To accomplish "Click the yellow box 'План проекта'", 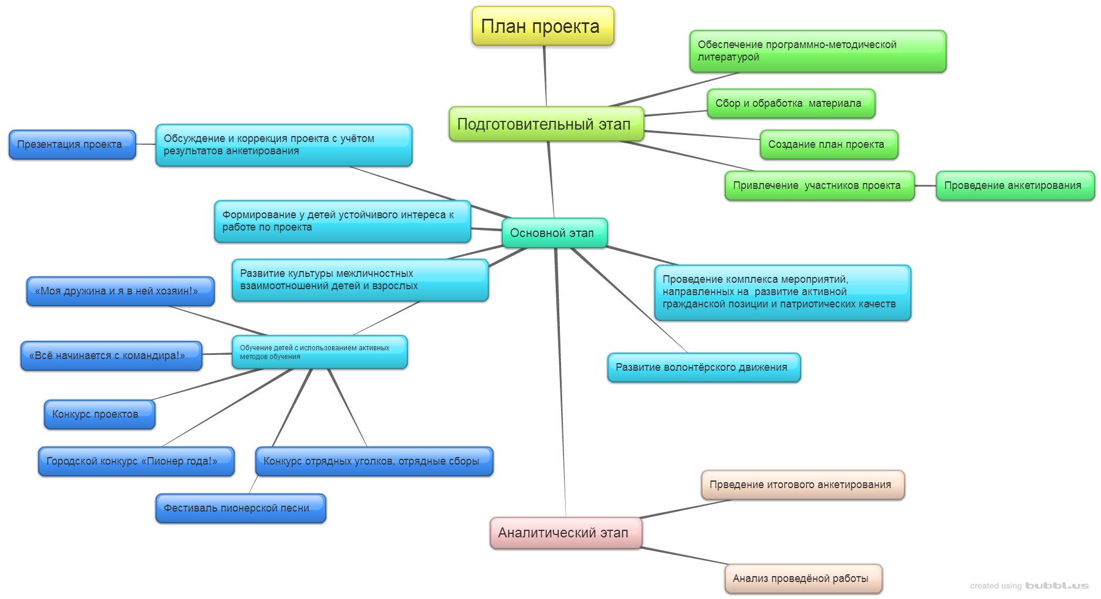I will point(542,26).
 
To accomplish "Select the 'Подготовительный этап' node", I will point(546,124).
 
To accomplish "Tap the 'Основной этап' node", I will point(553,233).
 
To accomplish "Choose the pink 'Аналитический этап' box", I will point(565,533).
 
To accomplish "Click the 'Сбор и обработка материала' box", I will point(791,103).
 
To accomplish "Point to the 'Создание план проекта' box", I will point(828,144).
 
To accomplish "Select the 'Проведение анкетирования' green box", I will point(1014,185).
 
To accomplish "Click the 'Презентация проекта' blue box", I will point(72,144).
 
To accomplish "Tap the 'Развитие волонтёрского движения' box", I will point(703,367).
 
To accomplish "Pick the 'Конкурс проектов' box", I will point(99,414).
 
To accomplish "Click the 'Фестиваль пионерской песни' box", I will point(240,508).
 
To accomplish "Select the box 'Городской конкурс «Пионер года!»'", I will point(136,461).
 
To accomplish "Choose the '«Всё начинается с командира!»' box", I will point(110,356).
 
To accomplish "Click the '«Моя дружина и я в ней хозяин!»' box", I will point(120,291).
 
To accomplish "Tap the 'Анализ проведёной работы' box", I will point(803,578).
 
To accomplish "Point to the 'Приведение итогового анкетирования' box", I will point(802,485).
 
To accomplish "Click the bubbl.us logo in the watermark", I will point(1057,586).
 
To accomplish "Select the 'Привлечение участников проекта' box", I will point(819,185).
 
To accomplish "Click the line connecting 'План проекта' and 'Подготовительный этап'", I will point(545,76).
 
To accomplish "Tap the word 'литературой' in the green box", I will point(728,57).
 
